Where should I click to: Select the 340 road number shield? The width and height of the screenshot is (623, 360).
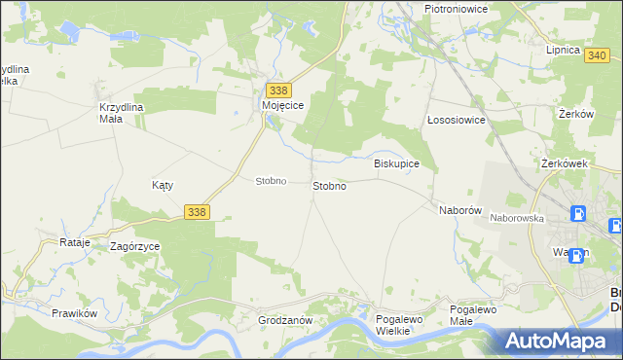[x=599, y=56]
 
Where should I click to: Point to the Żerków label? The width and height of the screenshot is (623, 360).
[x=576, y=114]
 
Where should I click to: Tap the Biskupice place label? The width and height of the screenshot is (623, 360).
[x=396, y=163]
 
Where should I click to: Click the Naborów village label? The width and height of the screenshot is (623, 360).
[x=460, y=210]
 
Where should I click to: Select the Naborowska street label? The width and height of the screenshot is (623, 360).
[x=516, y=219]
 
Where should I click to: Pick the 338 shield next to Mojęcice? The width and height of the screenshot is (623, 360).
[x=277, y=90]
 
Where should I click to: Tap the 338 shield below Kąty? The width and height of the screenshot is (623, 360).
[x=196, y=211]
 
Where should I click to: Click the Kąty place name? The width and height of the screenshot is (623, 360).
[x=163, y=184]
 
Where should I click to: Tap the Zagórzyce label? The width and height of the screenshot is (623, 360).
[x=134, y=247]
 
